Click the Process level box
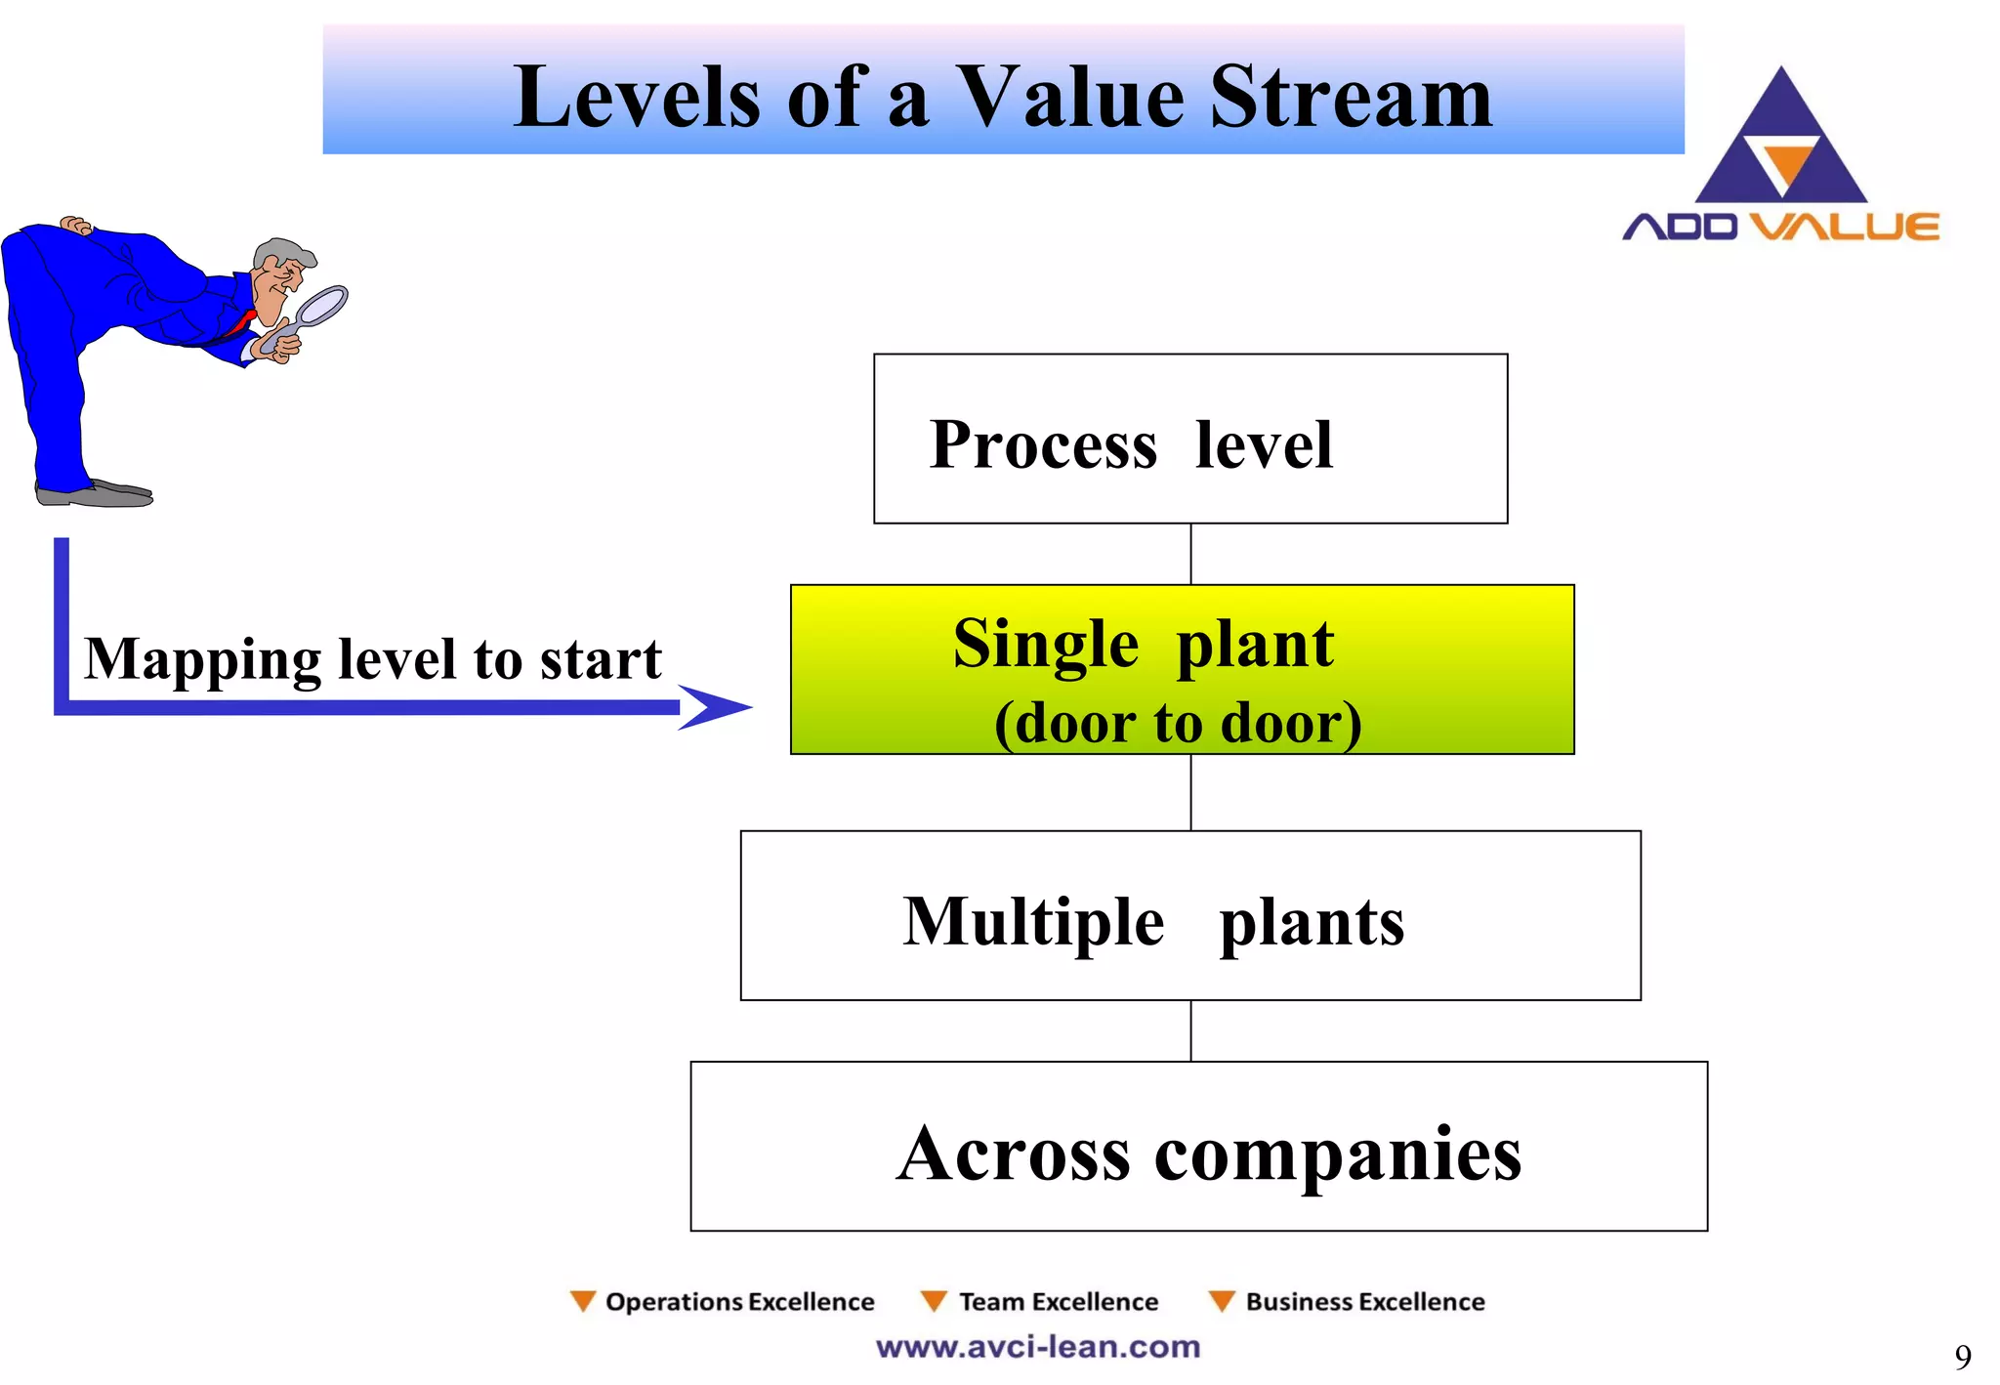click(1189, 439)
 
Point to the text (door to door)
click(1178, 724)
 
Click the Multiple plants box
click(1189, 916)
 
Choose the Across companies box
click(1198, 1147)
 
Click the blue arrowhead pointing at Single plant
click(713, 707)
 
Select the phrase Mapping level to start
click(372, 659)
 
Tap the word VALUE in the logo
click(1843, 227)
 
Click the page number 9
click(1962, 1356)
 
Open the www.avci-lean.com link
click(1037, 1347)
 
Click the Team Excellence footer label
click(1058, 1302)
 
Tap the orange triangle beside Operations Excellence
click(583, 1301)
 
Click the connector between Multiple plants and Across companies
click(1190, 1030)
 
